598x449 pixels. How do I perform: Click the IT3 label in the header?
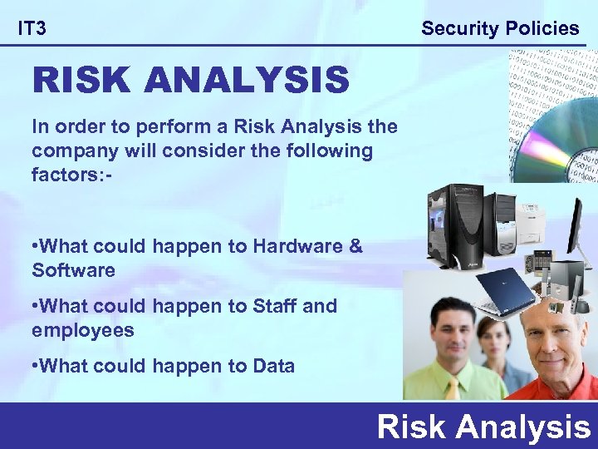(x=32, y=29)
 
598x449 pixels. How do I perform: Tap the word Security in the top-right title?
(x=458, y=28)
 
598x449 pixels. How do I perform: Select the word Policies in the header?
(x=540, y=28)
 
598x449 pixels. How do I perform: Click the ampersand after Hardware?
(x=356, y=247)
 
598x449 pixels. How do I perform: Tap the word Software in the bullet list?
(x=73, y=270)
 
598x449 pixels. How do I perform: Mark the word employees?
(x=82, y=330)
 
